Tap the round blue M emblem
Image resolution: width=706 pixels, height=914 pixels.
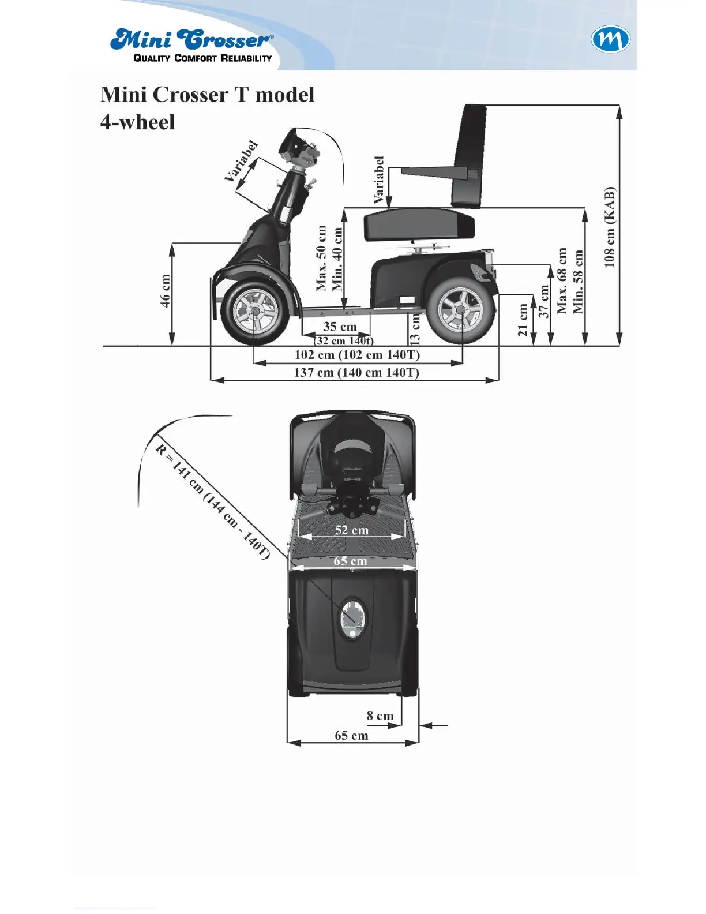(610, 40)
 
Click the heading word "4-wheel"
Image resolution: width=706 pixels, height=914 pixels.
(137, 122)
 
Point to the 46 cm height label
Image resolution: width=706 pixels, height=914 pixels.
(166, 291)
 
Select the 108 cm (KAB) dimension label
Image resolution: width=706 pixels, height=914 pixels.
(610, 227)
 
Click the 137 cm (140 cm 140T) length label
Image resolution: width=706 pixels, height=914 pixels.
(356, 372)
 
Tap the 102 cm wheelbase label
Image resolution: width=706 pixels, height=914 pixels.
(357, 354)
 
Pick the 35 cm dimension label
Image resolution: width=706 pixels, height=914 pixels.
(340, 327)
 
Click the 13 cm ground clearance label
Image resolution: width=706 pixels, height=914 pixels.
(415, 329)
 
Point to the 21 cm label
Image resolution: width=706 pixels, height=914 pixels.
(523, 320)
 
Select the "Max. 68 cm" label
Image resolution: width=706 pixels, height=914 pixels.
(562, 281)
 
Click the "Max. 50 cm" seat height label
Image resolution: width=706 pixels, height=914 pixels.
(321, 258)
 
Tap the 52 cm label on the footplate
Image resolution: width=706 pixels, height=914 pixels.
(352, 530)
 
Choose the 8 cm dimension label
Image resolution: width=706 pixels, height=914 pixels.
(380, 716)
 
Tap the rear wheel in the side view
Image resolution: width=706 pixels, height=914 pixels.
(460, 310)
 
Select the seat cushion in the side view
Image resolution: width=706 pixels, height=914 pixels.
(419, 224)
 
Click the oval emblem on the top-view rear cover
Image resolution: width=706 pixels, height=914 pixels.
(351, 617)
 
